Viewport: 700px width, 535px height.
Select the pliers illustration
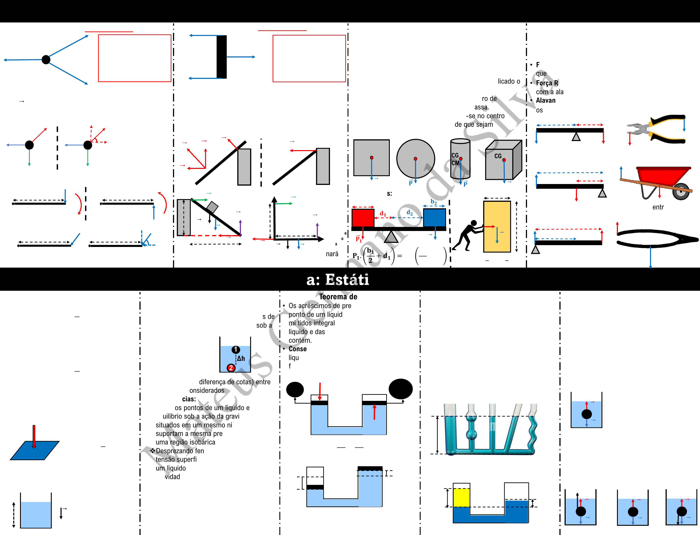[x=657, y=129]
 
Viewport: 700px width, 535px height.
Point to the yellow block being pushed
[x=497, y=226]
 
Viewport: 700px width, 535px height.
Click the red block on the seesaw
[x=363, y=218]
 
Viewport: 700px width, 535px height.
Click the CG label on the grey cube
[x=498, y=156]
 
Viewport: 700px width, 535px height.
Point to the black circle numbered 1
[x=236, y=350]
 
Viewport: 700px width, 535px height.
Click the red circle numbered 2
[x=231, y=368]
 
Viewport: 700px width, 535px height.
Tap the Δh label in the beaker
[x=241, y=359]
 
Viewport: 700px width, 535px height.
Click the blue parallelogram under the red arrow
[x=34, y=451]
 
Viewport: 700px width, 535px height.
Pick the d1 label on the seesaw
[x=383, y=214]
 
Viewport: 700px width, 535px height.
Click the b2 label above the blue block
[x=433, y=202]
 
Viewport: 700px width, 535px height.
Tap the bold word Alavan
[x=545, y=100]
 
